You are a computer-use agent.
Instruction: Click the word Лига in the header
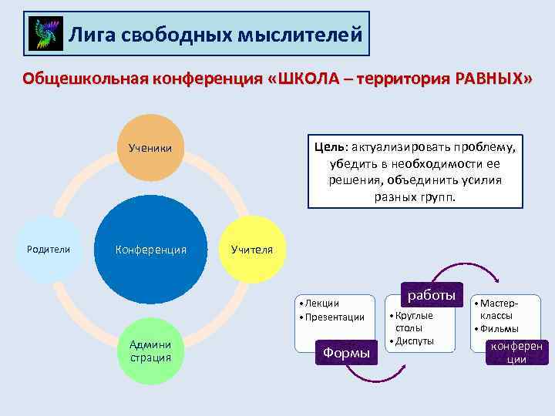tap(89, 34)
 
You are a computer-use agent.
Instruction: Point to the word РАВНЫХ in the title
tap(482, 80)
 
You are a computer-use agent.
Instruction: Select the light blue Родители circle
tap(49, 249)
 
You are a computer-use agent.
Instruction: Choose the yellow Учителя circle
tap(251, 250)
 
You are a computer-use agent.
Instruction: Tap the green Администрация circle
tap(151, 351)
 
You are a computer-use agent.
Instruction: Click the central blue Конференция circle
tap(151, 250)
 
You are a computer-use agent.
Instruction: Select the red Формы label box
tap(345, 352)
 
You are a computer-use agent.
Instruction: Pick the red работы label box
tap(432, 296)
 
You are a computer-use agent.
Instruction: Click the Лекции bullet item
tap(321, 304)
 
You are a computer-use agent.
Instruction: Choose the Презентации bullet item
tap(334, 317)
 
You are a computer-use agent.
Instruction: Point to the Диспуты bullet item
tap(414, 341)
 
